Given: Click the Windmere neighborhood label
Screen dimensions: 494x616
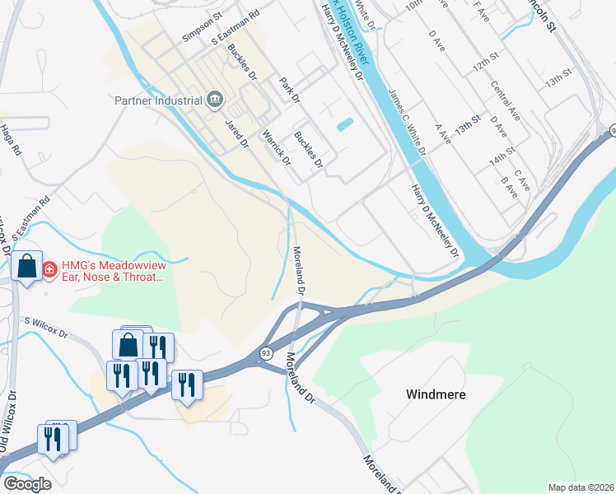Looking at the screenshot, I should (x=436, y=394).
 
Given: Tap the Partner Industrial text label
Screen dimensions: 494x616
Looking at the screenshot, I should (x=158, y=101).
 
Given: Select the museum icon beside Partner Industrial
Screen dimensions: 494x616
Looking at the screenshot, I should (x=216, y=100).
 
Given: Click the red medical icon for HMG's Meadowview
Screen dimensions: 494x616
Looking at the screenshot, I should (x=49, y=269).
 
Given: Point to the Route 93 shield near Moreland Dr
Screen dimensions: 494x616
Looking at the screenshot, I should (x=265, y=352).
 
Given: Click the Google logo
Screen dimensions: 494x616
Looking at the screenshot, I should (x=27, y=484).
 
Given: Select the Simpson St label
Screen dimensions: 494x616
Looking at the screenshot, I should (x=203, y=27).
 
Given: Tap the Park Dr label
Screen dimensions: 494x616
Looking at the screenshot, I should (x=287, y=90).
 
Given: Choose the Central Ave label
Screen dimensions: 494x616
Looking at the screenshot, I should (x=505, y=101).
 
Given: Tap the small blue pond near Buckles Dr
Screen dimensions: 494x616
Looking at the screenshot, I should (x=345, y=125).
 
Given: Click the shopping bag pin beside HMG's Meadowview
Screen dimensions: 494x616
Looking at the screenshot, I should (x=26, y=267).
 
